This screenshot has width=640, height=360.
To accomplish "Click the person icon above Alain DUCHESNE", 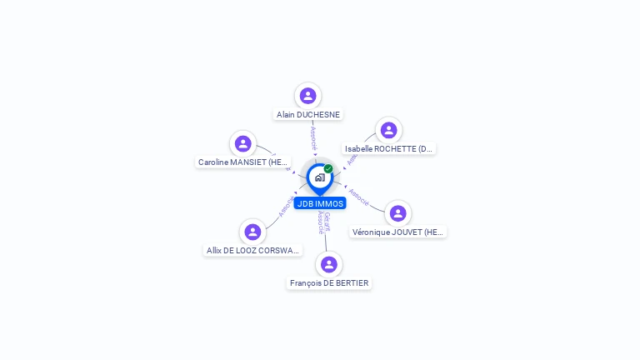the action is [308, 96].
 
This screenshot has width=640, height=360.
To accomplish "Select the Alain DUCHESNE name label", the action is [308, 115].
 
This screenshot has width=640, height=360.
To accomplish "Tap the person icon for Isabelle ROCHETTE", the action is [388, 130].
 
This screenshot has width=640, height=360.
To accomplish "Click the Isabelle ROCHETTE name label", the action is [389, 149].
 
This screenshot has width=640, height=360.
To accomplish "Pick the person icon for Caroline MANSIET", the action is [242, 143].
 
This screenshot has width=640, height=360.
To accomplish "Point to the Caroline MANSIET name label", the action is [243, 162].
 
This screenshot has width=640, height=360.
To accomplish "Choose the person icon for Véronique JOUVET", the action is [398, 213].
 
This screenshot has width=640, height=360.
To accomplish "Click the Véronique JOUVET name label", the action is [398, 232].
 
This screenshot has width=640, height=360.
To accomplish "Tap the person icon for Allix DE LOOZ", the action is [252, 232].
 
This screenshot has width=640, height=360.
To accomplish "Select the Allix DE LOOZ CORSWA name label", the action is [252, 250].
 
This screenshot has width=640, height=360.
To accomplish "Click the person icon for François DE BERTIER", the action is [329, 264].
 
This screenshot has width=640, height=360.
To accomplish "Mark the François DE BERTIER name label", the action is [329, 283].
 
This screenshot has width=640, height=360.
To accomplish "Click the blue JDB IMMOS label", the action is [320, 203].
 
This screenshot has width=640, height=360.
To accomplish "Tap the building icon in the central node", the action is [319, 177].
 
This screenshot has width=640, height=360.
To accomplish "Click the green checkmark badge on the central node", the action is [328, 169].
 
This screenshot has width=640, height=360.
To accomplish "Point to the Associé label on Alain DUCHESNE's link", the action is [313, 137].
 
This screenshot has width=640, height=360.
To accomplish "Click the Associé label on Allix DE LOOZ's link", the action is [286, 207].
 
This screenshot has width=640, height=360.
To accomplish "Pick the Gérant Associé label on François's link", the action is [323, 222].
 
